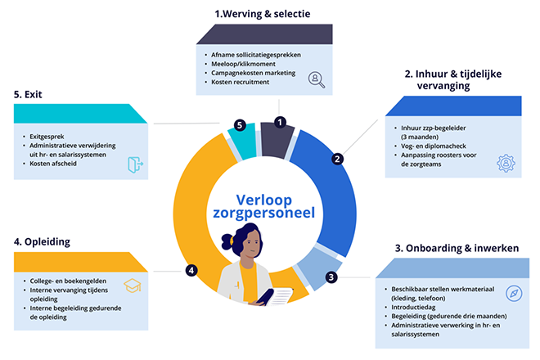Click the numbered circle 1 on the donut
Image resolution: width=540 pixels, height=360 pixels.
(280, 122)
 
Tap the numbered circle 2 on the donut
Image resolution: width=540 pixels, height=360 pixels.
(337, 159)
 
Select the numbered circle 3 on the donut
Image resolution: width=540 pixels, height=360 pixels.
(331, 277)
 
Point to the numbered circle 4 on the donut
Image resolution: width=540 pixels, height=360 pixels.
(191, 270)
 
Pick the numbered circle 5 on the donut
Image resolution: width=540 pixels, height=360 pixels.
(240, 125)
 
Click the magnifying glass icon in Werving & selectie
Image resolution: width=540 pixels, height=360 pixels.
(317, 80)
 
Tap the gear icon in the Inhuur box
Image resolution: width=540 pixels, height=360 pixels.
(506, 164)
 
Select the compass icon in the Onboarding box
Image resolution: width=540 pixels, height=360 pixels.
(514, 293)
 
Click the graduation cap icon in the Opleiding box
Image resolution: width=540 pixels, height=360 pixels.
(133, 286)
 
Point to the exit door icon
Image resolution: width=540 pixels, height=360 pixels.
(135, 164)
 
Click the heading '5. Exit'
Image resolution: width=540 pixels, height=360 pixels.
(28, 94)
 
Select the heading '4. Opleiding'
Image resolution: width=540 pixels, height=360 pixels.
(42, 242)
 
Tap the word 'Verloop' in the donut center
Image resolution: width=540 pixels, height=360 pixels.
(263, 200)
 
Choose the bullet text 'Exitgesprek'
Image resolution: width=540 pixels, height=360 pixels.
(47, 137)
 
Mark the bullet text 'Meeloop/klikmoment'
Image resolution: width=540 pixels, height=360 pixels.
(243, 64)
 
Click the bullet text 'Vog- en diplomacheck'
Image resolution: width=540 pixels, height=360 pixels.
(434, 146)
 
